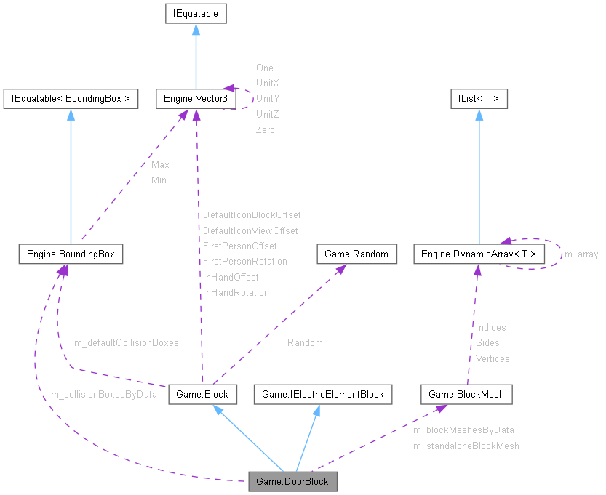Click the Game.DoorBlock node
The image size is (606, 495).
click(x=293, y=481)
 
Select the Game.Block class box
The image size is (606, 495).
click(x=202, y=395)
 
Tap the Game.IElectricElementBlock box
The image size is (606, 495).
click(x=322, y=395)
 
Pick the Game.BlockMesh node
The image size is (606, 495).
click(x=467, y=395)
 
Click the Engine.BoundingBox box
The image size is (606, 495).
click(x=71, y=254)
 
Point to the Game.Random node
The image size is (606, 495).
click(x=357, y=254)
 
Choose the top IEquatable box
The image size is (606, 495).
click(x=196, y=13)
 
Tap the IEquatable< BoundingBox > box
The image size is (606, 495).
click(x=71, y=98)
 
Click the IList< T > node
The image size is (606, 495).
click(x=478, y=98)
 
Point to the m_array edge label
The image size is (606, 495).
click(x=581, y=254)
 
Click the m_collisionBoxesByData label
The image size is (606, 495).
click(x=103, y=394)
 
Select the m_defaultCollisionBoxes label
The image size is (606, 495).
click(x=126, y=342)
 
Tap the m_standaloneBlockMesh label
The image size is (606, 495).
click(x=466, y=446)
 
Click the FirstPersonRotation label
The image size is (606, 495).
click(x=244, y=261)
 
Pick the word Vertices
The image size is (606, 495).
click(x=493, y=358)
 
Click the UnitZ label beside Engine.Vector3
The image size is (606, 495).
click(x=267, y=114)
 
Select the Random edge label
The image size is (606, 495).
click(x=305, y=342)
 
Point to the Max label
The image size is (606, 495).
click(x=160, y=164)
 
